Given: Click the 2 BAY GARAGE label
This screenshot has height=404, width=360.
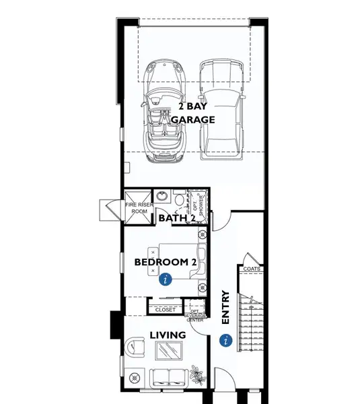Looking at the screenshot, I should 192,112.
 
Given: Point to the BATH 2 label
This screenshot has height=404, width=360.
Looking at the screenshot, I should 176,218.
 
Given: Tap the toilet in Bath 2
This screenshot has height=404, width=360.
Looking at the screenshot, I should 178,199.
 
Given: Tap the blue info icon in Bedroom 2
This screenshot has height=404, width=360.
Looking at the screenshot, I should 166,283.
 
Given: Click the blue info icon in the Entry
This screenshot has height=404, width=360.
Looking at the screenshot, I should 225,341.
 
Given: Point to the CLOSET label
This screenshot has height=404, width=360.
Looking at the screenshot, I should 165,310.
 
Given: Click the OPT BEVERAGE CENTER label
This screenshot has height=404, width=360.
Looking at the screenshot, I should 194,315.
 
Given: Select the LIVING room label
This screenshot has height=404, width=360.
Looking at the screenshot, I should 168,335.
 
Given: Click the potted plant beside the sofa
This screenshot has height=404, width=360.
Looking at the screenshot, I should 196,372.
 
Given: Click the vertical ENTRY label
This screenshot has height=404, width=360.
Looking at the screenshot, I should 225,308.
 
